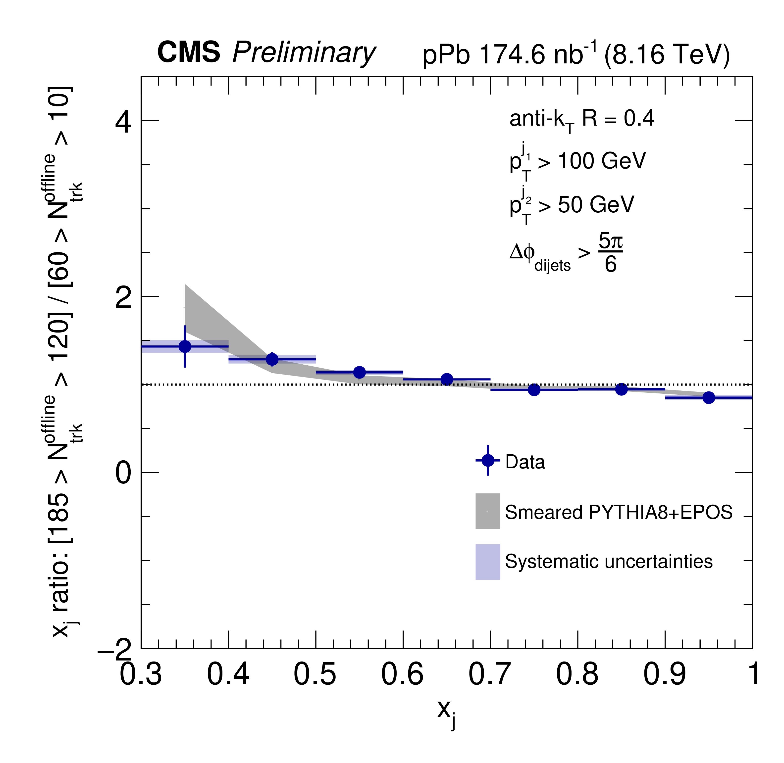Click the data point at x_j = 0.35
click(185, 346)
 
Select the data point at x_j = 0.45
click(272, 359)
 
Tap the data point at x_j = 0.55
click(360, 372)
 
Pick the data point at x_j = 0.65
click(447, 379)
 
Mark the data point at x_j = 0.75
click(534, 389)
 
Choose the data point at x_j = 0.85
click(621, 389)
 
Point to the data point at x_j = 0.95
click(709, 397)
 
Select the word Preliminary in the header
click(304, 53)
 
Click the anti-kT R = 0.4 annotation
click(581, 119)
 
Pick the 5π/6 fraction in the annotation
click(610, 253)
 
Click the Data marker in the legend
click(488, 460)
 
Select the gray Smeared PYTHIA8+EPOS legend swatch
click(488, 511)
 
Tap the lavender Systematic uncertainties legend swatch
click(488, 562)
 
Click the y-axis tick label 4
click(123, 122)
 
